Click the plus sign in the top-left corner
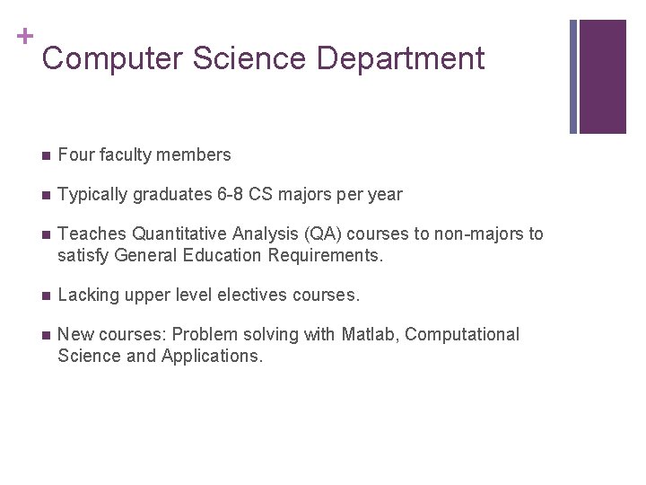[x=24, y=37]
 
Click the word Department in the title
[x=400, y=59]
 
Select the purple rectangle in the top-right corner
[x=602, y=76]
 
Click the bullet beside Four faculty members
[x=45, y=155]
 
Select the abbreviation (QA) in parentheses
[x=323, y=234]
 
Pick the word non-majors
[x=478, y=234]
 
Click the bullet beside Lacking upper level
[x=45, y=295]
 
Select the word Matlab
[x=370, y=335]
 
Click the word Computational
[x=463, y=335]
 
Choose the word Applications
[x=213, y=357]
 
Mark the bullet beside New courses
[x=45, y=335]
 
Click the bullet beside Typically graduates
[x=45, y=195]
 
